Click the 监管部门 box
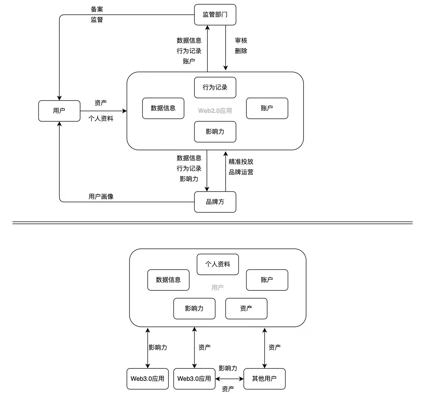click(x=215, y=15)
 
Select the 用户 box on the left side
click(x=59, y=111)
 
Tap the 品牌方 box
click(x=215, y=202)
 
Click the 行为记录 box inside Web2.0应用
click(x=215, y=87)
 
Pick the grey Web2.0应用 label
click(x=215, y=111)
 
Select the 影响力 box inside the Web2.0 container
click(x=215, y=132)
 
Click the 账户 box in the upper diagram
click(x=267, y=108)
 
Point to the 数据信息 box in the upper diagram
click(x=163, y=108)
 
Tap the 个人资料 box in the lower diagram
click(x=218, y=264)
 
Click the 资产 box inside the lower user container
click(x=246, y=308)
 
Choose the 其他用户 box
click(x=264, y=379)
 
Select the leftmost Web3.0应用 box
click(x=148, y=379)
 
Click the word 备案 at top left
click(x=97, y=9)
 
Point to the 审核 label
click(x=241, y=41)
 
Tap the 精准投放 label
click(x=241, y=162)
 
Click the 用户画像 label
click(x=101, y=197)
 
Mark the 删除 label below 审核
click(x=241, y=51)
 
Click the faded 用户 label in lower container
click(x=217, y=288)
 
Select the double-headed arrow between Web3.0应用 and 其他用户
click(x=229, y=379)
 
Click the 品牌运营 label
click(x=241, y=172)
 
